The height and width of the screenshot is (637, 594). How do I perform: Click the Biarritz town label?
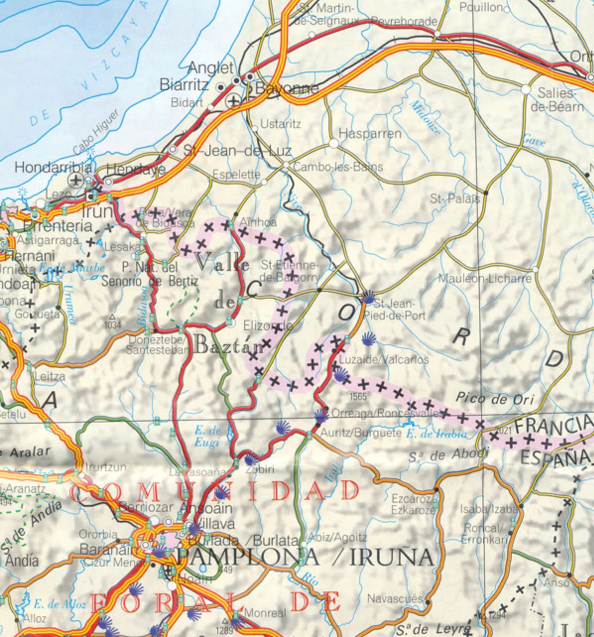point(184,85)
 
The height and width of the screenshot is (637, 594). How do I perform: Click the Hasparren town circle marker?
point(334,143)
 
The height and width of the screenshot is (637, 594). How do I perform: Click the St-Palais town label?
point(455,199)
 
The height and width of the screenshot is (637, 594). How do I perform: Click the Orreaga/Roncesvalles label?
point(385,413)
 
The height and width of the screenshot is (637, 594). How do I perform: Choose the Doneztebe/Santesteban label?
point(157,345)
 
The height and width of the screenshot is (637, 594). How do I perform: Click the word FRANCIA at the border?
point(553,425)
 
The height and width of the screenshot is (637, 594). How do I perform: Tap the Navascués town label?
point(395,599)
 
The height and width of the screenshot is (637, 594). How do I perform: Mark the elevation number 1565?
point(357,396)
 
